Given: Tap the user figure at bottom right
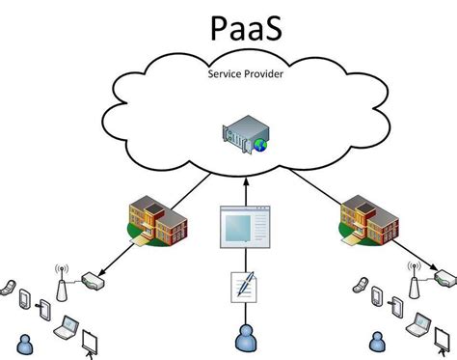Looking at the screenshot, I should [x=377, y=340].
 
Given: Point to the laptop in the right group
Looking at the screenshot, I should [x=422, y=325].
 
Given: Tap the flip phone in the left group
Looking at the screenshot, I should [x=9, y=287].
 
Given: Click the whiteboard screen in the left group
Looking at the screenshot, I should [x=92, y=341].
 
